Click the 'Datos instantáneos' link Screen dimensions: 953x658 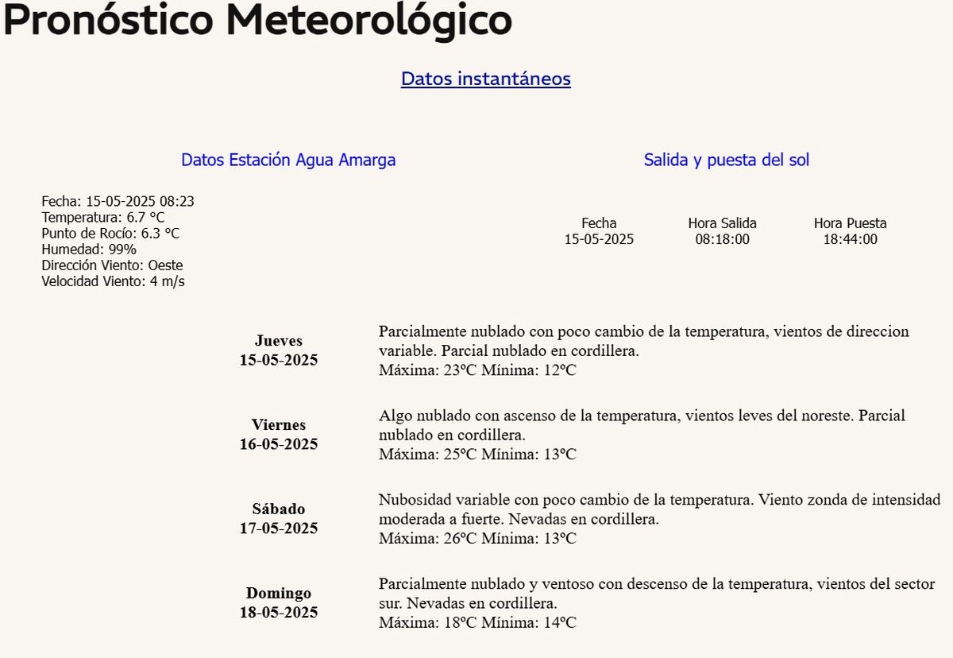point(485,79)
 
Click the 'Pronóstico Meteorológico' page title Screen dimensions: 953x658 point(257,20)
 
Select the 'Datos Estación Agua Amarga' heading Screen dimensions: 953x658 point(288,160)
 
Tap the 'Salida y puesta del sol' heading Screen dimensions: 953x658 point(726,160)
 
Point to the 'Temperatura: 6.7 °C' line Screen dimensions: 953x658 point(103,218)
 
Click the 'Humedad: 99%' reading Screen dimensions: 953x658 point(89,250)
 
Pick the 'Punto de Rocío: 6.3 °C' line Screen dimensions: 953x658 point(110,234)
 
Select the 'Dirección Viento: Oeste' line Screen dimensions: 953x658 point(112,265)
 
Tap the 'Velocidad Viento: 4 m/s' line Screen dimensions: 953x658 point(113,281)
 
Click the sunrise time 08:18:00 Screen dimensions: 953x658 point(722,239)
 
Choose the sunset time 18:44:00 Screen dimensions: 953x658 point(850,239)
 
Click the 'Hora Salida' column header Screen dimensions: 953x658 point(722,223)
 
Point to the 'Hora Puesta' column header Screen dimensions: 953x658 point(850,223)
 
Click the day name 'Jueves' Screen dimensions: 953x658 point(279,341)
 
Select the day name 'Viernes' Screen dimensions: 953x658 point(279,425)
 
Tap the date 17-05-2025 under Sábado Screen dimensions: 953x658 point(279,528)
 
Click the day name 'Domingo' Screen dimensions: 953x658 point(279,594)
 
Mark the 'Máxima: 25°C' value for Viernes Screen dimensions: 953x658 point(427,455)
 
